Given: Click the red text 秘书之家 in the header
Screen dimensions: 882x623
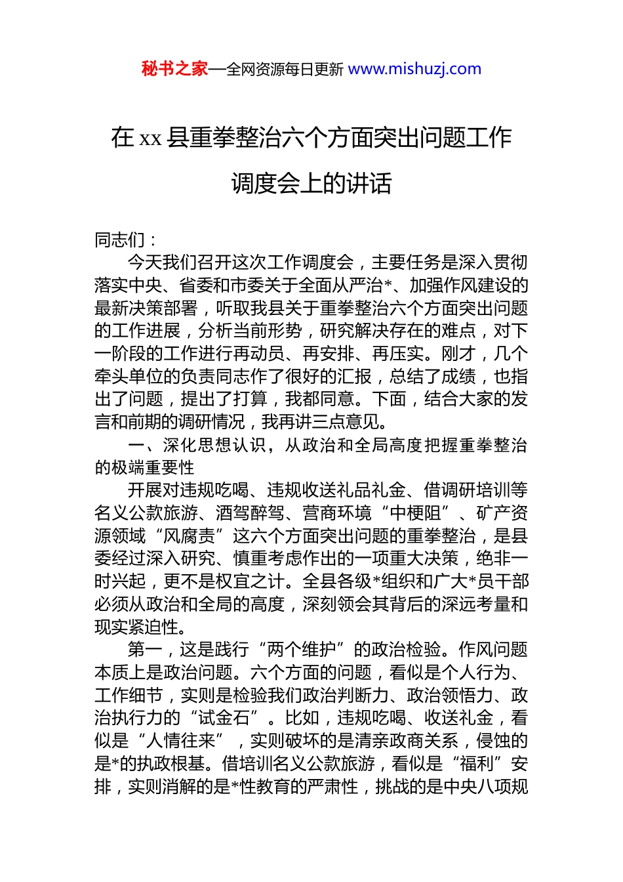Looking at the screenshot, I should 174,69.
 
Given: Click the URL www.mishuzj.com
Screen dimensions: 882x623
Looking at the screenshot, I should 414,69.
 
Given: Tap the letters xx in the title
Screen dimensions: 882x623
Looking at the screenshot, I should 150,138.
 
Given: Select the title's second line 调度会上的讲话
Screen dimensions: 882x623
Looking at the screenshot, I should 311,184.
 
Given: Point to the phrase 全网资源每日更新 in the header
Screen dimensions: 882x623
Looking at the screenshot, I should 285,70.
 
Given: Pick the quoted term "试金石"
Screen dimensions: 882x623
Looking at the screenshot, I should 223,718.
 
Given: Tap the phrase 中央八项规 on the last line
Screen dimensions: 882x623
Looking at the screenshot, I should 486,786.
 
